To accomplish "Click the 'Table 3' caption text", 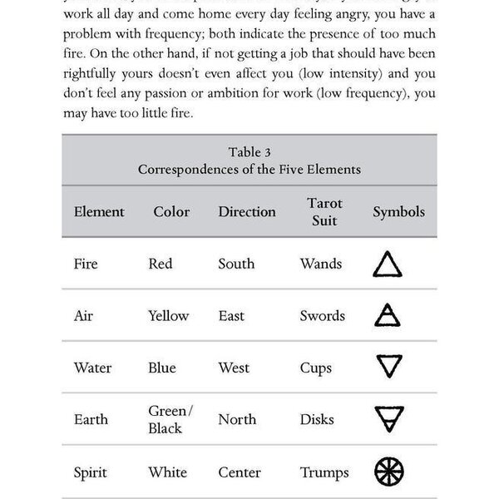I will [249, 152].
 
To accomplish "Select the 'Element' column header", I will [99, 211].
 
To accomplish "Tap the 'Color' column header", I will [171, 211].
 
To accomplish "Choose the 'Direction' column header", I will [247, 211].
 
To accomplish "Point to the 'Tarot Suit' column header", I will [324, 212].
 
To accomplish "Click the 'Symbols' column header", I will [398, 211].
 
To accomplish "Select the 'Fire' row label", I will [86, 264].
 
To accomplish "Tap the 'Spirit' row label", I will [91, 472].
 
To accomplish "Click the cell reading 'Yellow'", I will [169, 316].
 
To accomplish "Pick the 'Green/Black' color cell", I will [170, 419].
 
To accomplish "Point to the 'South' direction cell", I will [236, 264].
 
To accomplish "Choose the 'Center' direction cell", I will [240, 472].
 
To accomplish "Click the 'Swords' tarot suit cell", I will [323, 316].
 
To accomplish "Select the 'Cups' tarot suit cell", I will [316, 368].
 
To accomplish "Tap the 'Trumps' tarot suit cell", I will [325, 472].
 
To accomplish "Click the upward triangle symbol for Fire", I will [388, 264].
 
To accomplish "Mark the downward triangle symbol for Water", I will [388, 367].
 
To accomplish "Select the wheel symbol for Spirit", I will [388, 471].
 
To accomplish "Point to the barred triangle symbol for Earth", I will [388, 419].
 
